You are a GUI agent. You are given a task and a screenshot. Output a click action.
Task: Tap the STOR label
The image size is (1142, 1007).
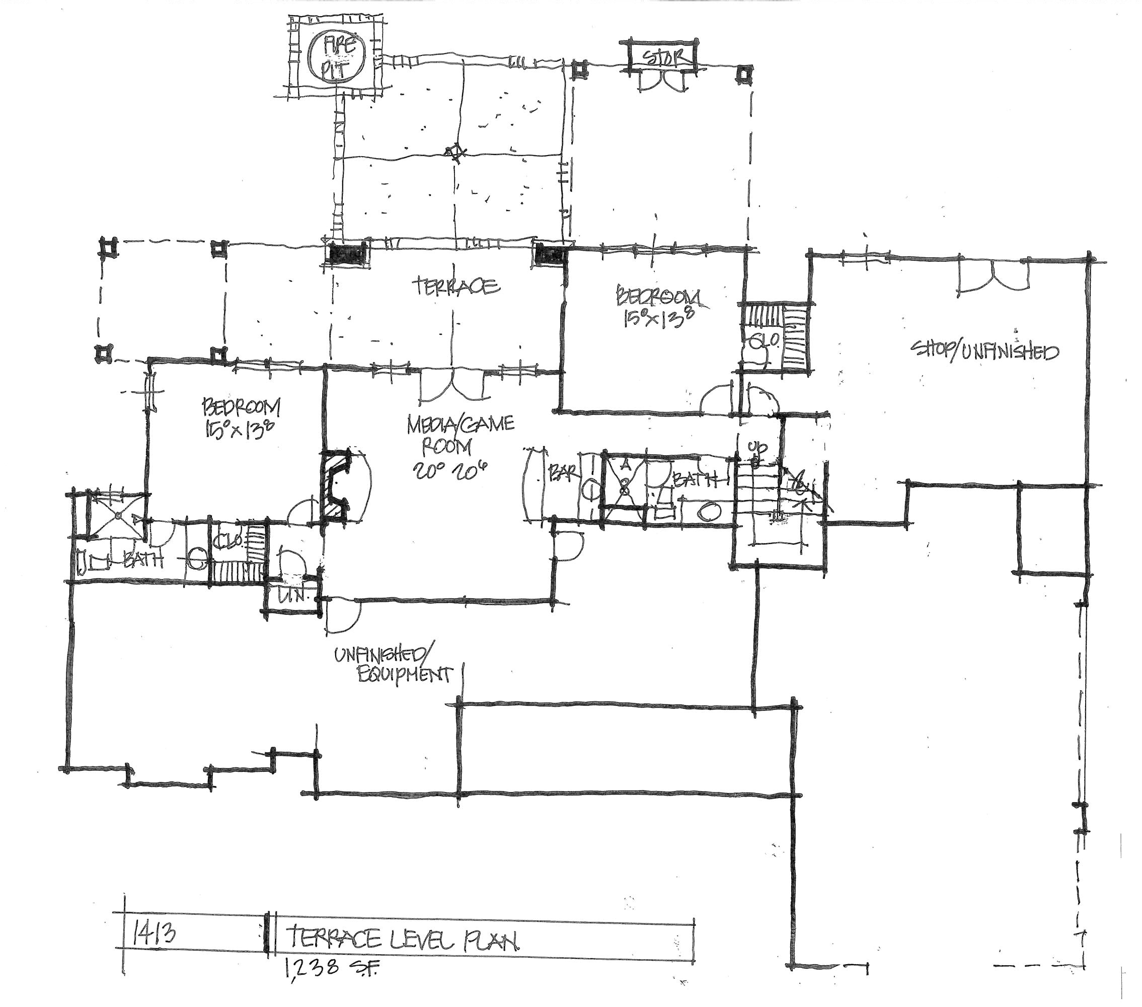pos(661,58)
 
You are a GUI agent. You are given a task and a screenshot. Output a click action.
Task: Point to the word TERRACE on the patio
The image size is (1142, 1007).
pos(455,286)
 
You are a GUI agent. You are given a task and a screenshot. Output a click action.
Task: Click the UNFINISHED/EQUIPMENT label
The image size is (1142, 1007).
pos(392,665)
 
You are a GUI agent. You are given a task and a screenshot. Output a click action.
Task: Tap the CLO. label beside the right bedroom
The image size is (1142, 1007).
pos(758,341)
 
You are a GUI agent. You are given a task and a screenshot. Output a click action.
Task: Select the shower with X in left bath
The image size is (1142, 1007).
pos(118,515)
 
